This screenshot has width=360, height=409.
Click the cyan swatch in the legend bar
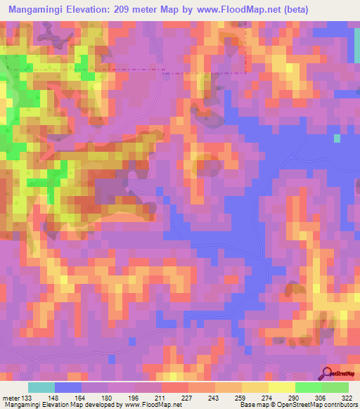pos(41,387)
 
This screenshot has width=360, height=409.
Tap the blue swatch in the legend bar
pos(68,387)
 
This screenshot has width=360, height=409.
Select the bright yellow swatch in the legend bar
pos(281,387)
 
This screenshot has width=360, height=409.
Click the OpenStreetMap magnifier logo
pos(328,373)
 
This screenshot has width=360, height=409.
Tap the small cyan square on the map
pos(337,138)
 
